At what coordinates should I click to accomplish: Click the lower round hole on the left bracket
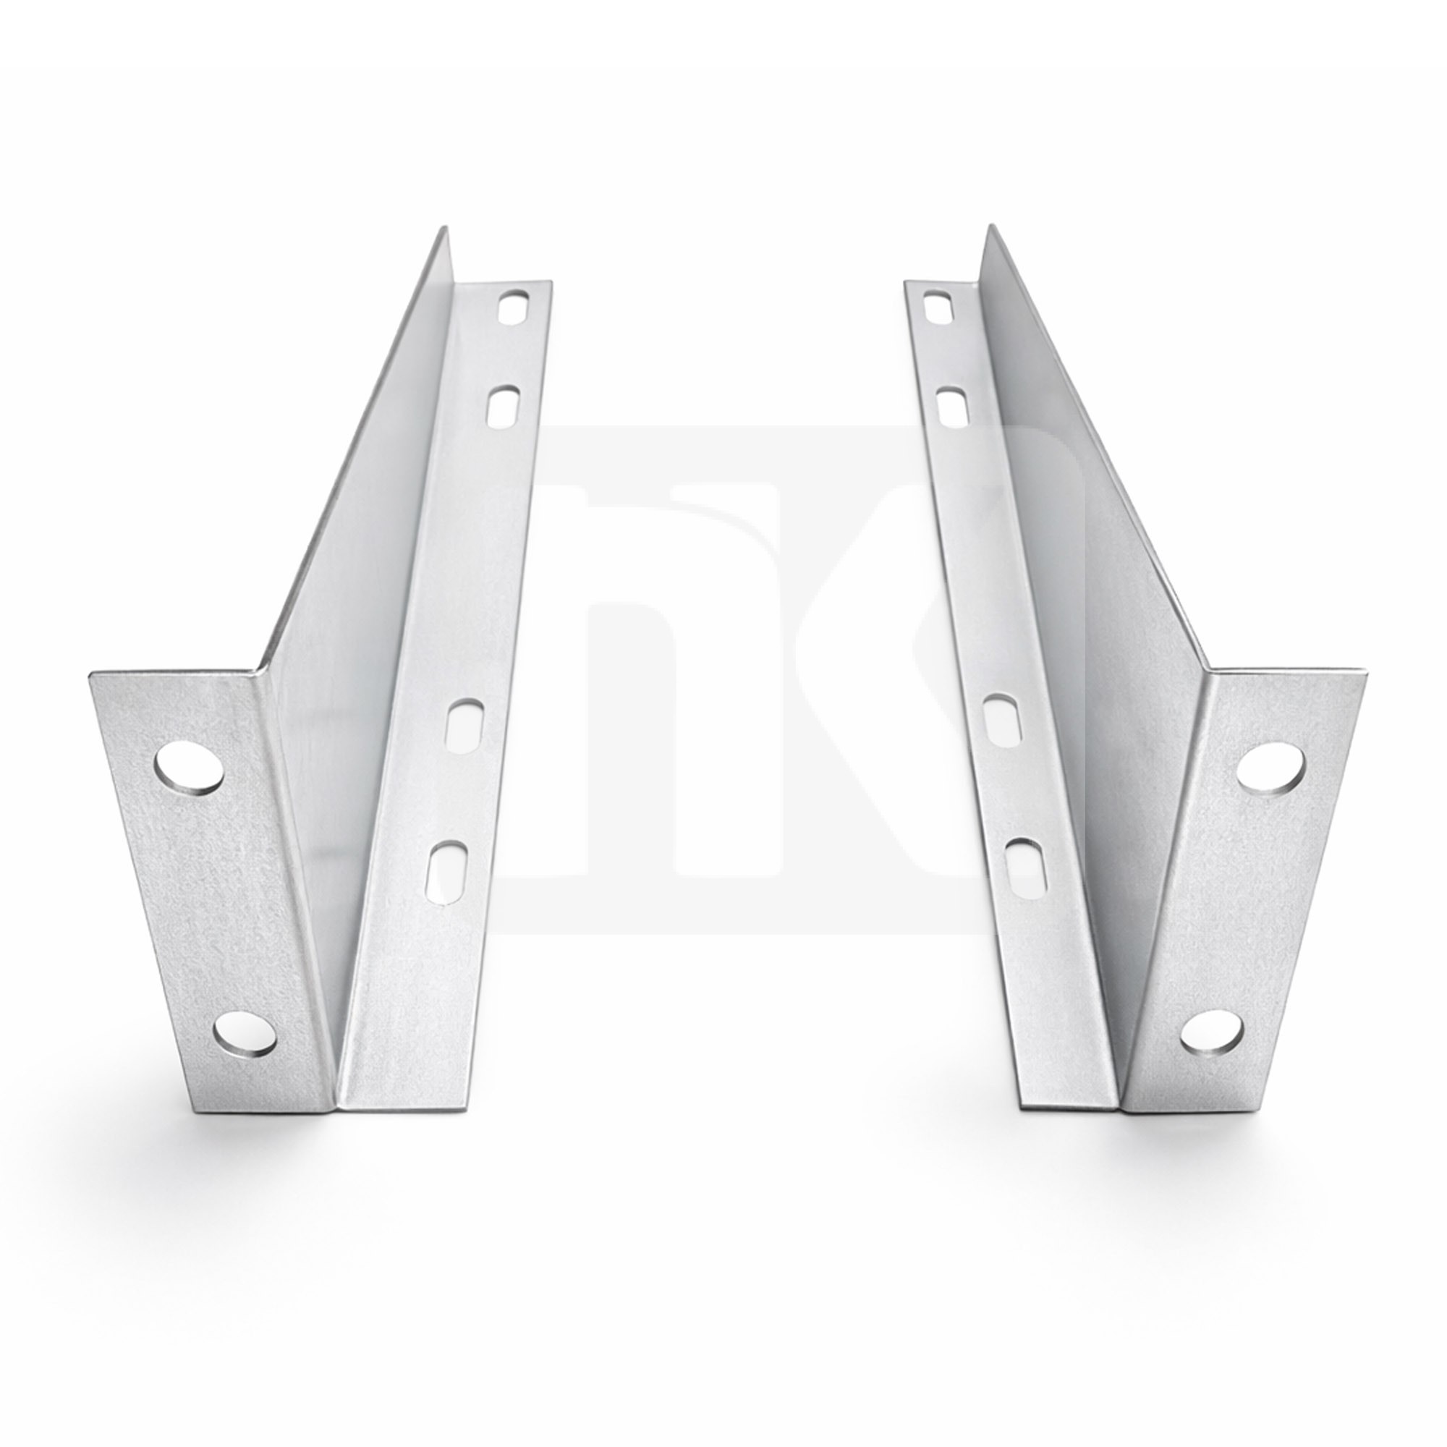point(244,1036)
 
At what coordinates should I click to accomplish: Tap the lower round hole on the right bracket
point(1212,1036)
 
